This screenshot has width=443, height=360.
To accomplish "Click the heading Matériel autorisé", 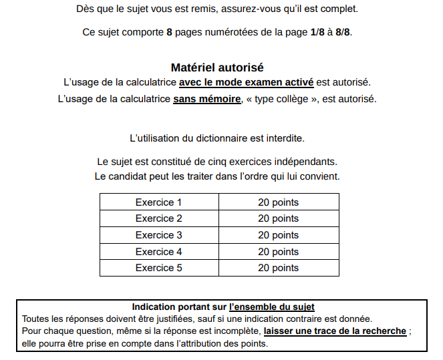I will point(217,67).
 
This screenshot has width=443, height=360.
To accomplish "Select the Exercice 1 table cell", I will point(159,202).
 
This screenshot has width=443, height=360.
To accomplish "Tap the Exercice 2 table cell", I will point(159,218).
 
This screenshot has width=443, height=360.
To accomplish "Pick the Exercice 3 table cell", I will point(159,235).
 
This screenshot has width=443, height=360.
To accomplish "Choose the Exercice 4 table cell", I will point(159,252).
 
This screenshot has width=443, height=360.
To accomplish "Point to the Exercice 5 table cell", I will point(159,268).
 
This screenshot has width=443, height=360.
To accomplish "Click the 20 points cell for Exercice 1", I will point(278,202).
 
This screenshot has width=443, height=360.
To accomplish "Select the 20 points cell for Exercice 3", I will point(278,235).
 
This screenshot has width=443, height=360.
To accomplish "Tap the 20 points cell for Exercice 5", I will point(278,268).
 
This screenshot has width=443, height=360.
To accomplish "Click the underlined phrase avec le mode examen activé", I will point(246,83).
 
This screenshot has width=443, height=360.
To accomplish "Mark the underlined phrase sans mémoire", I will point(206,99).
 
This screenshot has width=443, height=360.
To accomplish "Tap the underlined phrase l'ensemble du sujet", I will point(271,307).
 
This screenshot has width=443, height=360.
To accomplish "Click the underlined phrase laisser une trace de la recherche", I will point(335,331).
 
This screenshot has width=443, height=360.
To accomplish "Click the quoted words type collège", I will point(281,99).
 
